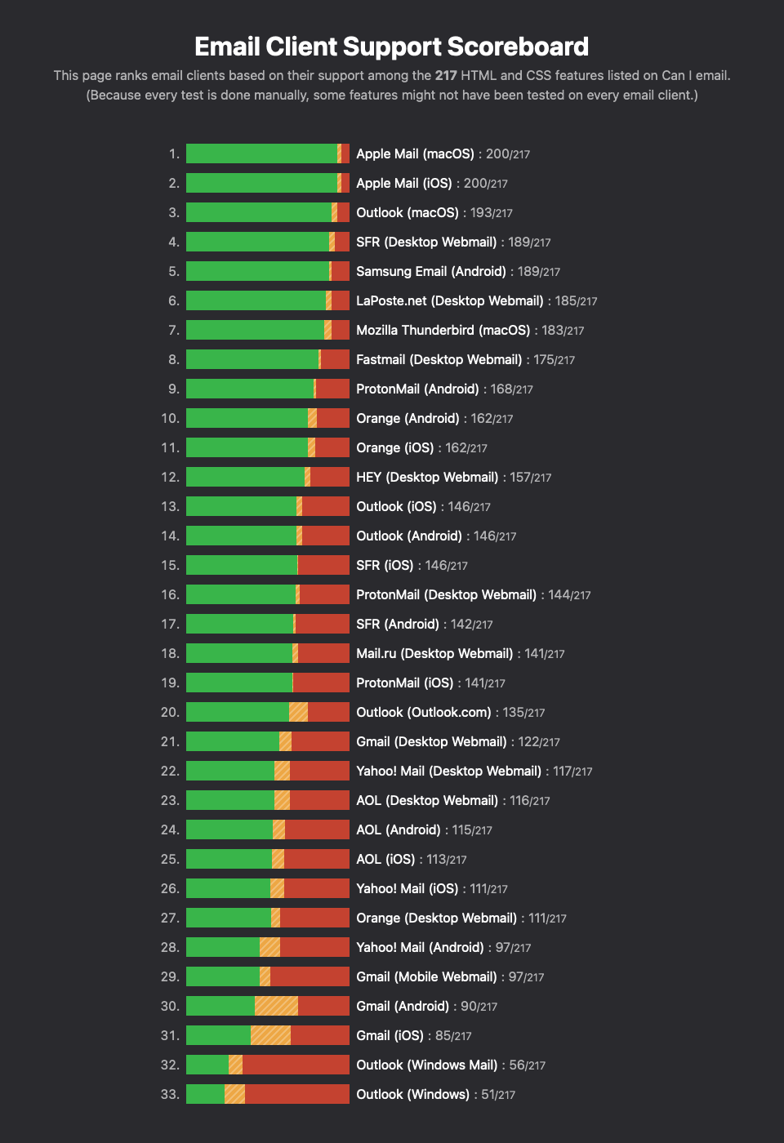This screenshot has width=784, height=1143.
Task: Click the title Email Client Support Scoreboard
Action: click(x=391, y=47)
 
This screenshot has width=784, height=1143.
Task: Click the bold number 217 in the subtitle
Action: click(x=446, y=75)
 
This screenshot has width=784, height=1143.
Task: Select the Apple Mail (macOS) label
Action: click(x=415, y=153)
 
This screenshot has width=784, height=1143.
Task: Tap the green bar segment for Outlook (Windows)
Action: click(x=205, y=1094)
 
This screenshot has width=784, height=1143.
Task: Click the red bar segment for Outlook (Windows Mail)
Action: click(x=296, y=1065)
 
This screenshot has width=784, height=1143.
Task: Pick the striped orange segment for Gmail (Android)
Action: click(x=276, y=1006)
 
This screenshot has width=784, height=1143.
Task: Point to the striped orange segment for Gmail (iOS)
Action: click(x=270, y=1035)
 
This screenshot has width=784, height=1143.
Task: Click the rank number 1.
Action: click(x=174, y=153)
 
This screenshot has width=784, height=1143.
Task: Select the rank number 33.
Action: click(x=170, y=1094)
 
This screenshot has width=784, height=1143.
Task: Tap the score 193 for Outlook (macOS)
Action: click(x=481, y=212)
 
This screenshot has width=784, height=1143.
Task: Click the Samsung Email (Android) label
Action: click(x=431, y=271)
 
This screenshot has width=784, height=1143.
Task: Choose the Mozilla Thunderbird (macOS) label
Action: click(x=443, y=330)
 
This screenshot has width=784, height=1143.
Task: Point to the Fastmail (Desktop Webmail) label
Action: click(x=439, y=359)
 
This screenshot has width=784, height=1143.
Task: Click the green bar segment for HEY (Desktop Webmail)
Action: click(x=245, y=477)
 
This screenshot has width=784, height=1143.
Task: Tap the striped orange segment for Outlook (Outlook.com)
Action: click(x=298, y=712)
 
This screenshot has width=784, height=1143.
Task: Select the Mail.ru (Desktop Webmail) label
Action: click(x=434, y=653)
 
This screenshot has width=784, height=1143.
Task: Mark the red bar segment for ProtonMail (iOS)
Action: click(x=321, y=683)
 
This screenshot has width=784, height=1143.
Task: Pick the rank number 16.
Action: click(x=170, y=594)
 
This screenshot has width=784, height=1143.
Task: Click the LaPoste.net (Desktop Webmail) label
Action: click(x=450, y=300)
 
